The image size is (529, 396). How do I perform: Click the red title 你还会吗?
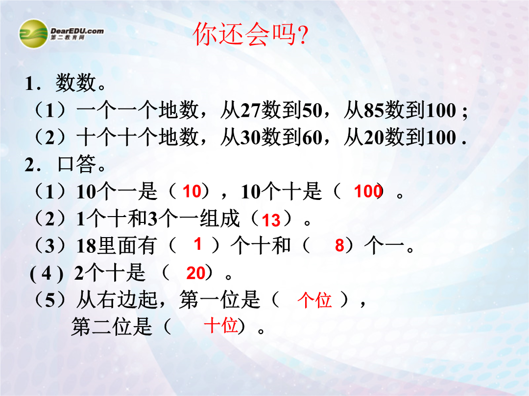click(250, 34)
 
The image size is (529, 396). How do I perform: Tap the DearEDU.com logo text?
click(77, 31)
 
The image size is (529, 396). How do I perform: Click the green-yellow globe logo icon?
click(33, 34)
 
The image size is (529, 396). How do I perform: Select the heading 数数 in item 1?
click(75, 83)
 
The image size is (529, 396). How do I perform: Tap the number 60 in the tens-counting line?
click(312, 137)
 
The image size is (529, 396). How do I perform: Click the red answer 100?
click(368, 191)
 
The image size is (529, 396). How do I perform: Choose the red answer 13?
click(271, 220)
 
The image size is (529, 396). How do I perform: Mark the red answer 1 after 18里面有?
click(198, 244)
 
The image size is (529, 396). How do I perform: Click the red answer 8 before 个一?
click(339, 245)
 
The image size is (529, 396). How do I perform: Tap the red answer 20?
click(195, 273)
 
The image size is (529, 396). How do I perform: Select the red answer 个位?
click(314, 300)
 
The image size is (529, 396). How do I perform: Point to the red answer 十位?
click(220, 325)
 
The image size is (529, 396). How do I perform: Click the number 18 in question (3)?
click(87, 246)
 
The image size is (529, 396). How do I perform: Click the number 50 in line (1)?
click(312, 110)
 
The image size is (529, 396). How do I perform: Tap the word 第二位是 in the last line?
click(112, 327)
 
